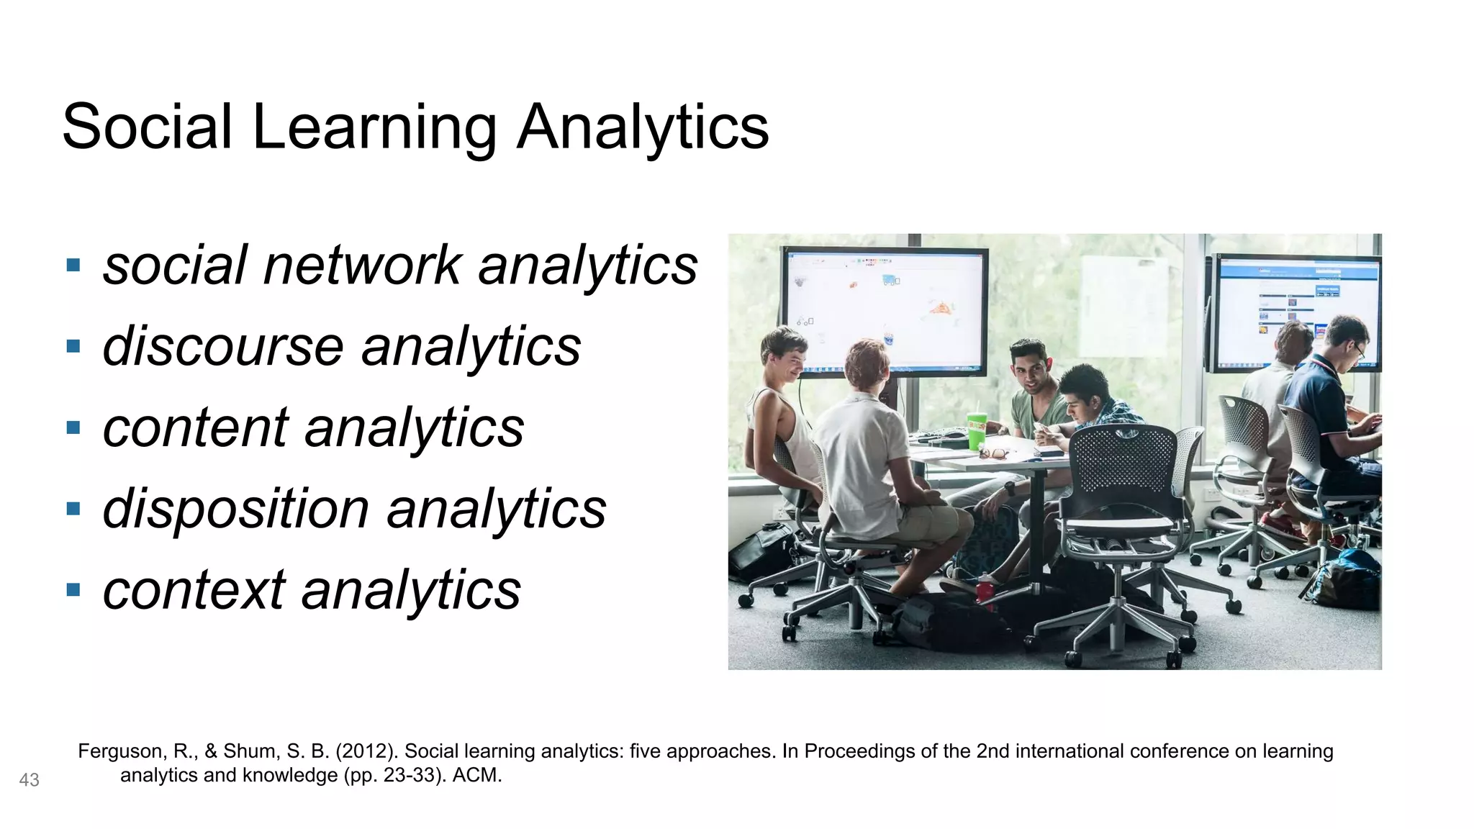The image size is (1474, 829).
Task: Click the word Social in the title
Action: [148, 127]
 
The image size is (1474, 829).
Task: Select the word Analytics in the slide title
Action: [643, 127]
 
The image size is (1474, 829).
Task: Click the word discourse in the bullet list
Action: [223, 346]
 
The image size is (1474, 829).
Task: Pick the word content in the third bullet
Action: [196, 427]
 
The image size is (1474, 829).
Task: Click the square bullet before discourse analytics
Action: [73, 346]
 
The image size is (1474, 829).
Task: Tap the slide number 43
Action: [29, 780]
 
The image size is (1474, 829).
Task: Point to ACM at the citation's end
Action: [477, 775]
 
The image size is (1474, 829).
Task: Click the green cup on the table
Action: [977, 430]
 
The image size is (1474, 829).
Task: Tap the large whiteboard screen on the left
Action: [885, 309]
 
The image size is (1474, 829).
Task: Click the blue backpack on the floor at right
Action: [1344, 579]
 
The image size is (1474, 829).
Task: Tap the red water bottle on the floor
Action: [985, 589]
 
